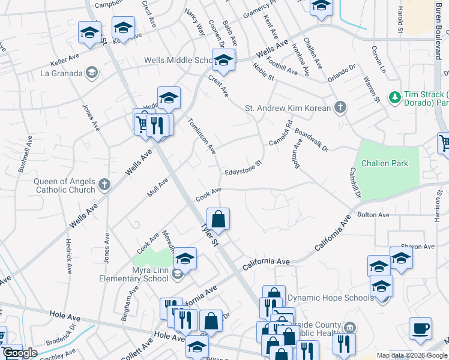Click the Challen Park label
384,163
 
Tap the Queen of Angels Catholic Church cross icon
104,184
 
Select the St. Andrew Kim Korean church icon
340,108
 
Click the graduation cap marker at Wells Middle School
223,60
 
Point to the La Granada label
61,73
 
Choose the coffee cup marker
420,328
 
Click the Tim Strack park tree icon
394,97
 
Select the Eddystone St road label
244,167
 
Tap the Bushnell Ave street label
24,154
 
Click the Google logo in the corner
20,353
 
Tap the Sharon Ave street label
417,247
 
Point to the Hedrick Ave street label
69,257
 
